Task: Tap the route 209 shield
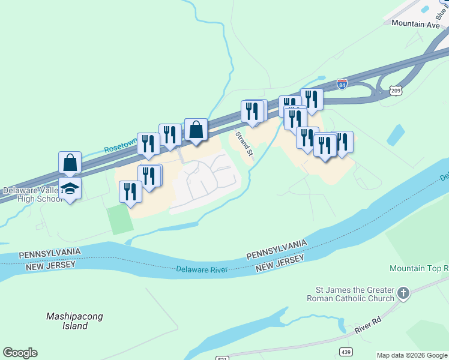[395, 91]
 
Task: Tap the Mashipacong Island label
[74, 321]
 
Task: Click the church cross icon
[403, 293]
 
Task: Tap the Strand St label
[243, 142]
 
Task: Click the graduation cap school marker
[70, 188]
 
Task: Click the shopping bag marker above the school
[70, 162]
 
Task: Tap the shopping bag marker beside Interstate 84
[196, 129]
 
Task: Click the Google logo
[20, 353]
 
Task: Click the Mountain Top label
[419, 268]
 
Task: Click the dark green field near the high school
[120, 220]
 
